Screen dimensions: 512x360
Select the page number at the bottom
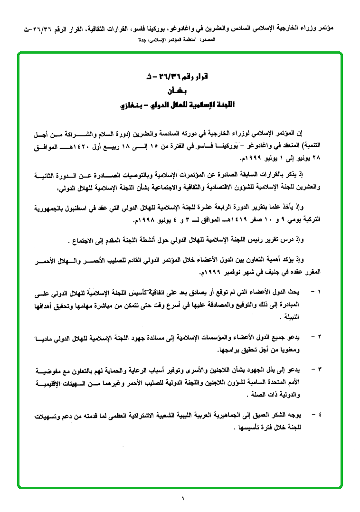coord(181,498)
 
